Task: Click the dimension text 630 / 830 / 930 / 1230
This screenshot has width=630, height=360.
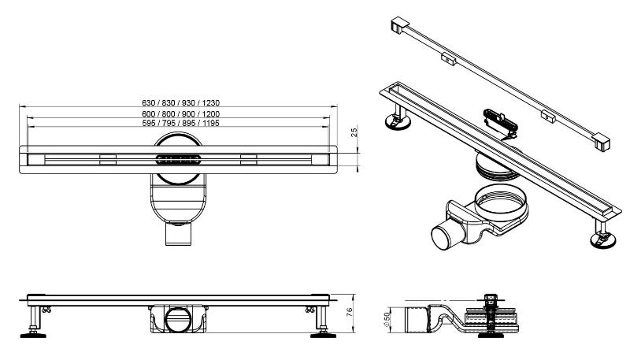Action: click(x=181, y=103)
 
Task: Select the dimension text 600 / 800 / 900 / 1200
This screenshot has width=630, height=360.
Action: click(x=181, y=114)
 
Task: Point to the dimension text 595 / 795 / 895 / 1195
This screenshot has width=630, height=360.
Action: click(x=181, y=123)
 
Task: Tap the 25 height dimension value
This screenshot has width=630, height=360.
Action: click(x=354, y=132)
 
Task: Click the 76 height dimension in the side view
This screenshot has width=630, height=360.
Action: click(x=349, y=311)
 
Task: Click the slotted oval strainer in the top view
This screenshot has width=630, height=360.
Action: click(x=179, y=159)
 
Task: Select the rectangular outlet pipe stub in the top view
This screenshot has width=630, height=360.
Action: click(x=179, y=236)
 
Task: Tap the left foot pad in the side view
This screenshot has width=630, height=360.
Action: click(x=32, y=334)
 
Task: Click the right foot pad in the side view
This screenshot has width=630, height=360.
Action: click(x=323, y=334)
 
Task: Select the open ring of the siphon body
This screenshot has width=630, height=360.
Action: click(x=501, y=202)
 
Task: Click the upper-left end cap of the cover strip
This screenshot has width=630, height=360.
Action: click(x=400, y=24)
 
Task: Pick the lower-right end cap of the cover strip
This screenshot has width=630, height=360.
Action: click(x=601, y=143)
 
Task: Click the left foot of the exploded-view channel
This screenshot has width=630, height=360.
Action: click(x=398, y=121)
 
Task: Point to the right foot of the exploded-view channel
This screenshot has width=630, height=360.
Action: click(x=602, y=237)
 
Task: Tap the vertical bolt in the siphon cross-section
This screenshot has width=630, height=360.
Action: click(x=489, y=316)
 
